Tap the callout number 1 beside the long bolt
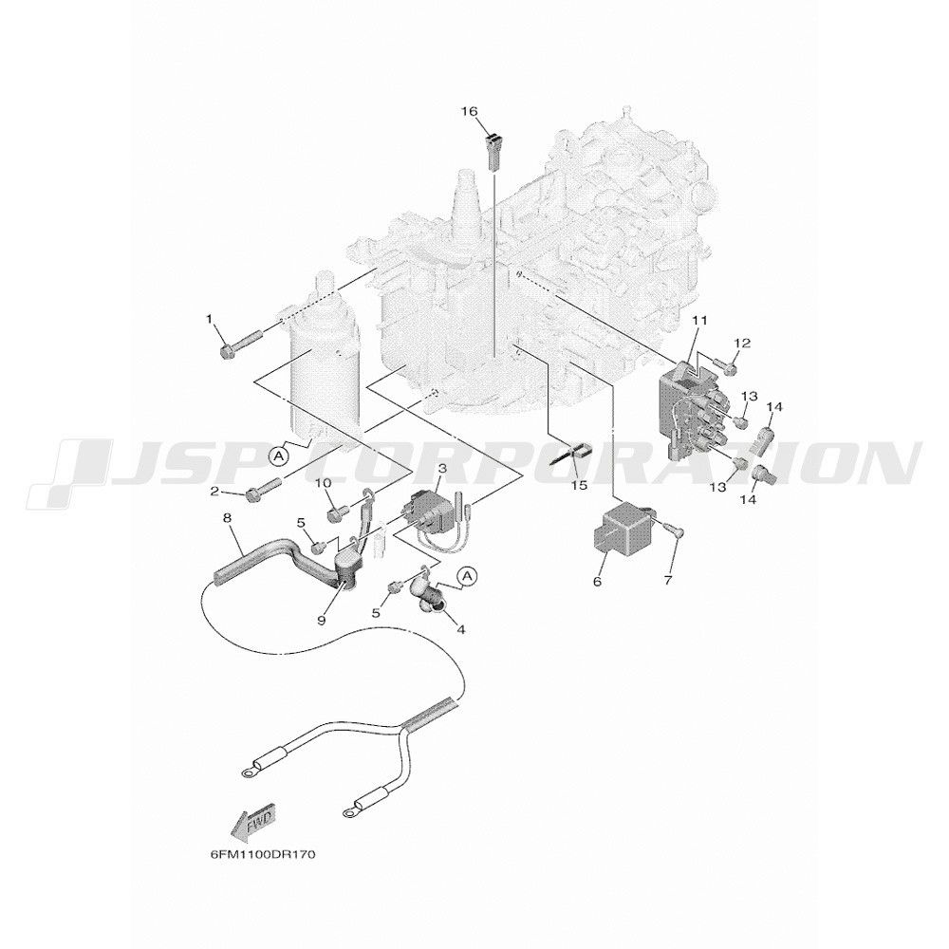pyautogui.click(x=210, y=318)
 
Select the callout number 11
pyautogui.click(x=700, y=320)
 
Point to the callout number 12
pyautogui.click(x=743, y=344)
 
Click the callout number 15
pyautogui.click(x=580, y=485)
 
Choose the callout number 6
pyautogui.click(x=597, y=582)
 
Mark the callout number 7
pyautogui.click(x=668, y=581)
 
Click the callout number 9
pyautogui.click(x=322, y=620)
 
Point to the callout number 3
pyautogui.click(x=458, y=468)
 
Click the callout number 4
pyautogui.click(x=460, y=629)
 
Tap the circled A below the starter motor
pyautogui.click(x=278, y=456)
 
